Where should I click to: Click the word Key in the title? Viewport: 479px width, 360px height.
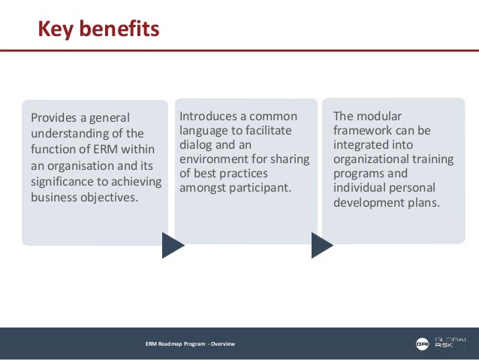pos(57,29)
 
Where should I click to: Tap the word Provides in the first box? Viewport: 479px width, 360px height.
pos(54,118)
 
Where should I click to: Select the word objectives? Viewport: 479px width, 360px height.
pos(111,198)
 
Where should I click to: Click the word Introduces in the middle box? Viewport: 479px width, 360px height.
pos(209,116)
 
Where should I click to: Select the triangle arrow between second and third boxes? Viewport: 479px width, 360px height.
pos(321,245)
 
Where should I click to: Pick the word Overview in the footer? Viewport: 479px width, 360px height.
pos(223,344)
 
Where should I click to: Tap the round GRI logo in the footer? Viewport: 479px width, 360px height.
pos(421,344)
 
